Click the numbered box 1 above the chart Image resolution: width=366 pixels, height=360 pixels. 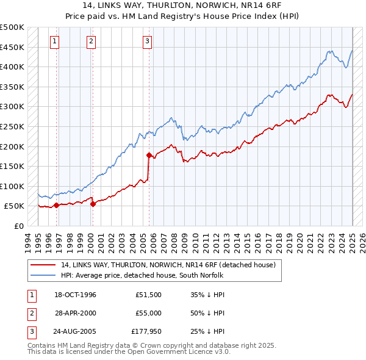pos(55,41)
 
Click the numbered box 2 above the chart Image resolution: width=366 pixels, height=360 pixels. pos(91,41)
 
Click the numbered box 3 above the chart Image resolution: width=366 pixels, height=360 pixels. pos(147,41)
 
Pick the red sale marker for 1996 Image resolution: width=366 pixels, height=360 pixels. pos(56,205)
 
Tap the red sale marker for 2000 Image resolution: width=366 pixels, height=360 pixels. pos(93,204)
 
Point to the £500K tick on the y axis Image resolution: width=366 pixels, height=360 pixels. pos(12,27)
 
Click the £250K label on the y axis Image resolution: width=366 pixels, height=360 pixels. pos(12,126)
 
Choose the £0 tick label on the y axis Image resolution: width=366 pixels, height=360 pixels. pos(18,226)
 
